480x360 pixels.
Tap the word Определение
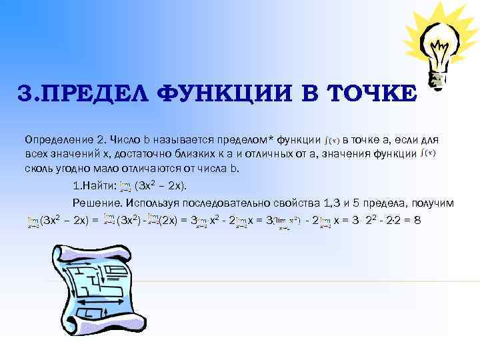tap(57, 141)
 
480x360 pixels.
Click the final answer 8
tap(417, 219)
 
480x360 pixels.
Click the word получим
tap(433, 202)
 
